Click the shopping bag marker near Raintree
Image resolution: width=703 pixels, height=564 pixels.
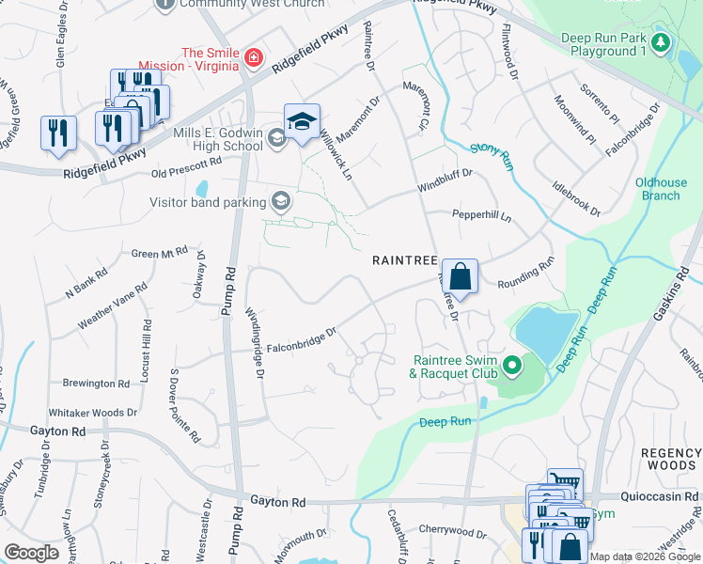click(460, 277)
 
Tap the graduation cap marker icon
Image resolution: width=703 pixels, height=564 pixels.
click(302, 122)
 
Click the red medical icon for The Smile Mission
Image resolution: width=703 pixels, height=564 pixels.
click(252, 59)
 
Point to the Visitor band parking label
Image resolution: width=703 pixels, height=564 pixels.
click(209, 200)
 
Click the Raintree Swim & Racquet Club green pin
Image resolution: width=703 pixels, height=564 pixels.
click(512, 365)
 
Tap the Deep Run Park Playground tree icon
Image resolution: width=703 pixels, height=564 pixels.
click(662, 43)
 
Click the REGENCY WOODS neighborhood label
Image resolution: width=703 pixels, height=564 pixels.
click(671, 460)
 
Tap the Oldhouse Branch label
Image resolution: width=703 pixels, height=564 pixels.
click(657, 189)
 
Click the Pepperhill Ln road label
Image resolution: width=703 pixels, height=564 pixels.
click(481, 216)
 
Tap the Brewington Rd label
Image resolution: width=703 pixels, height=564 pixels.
click(96, 384)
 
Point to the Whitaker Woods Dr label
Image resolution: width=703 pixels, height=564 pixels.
click(93, 413)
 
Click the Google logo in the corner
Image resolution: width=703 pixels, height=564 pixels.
click(31, 553)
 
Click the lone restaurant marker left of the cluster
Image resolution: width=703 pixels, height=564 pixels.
click(58, 132)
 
